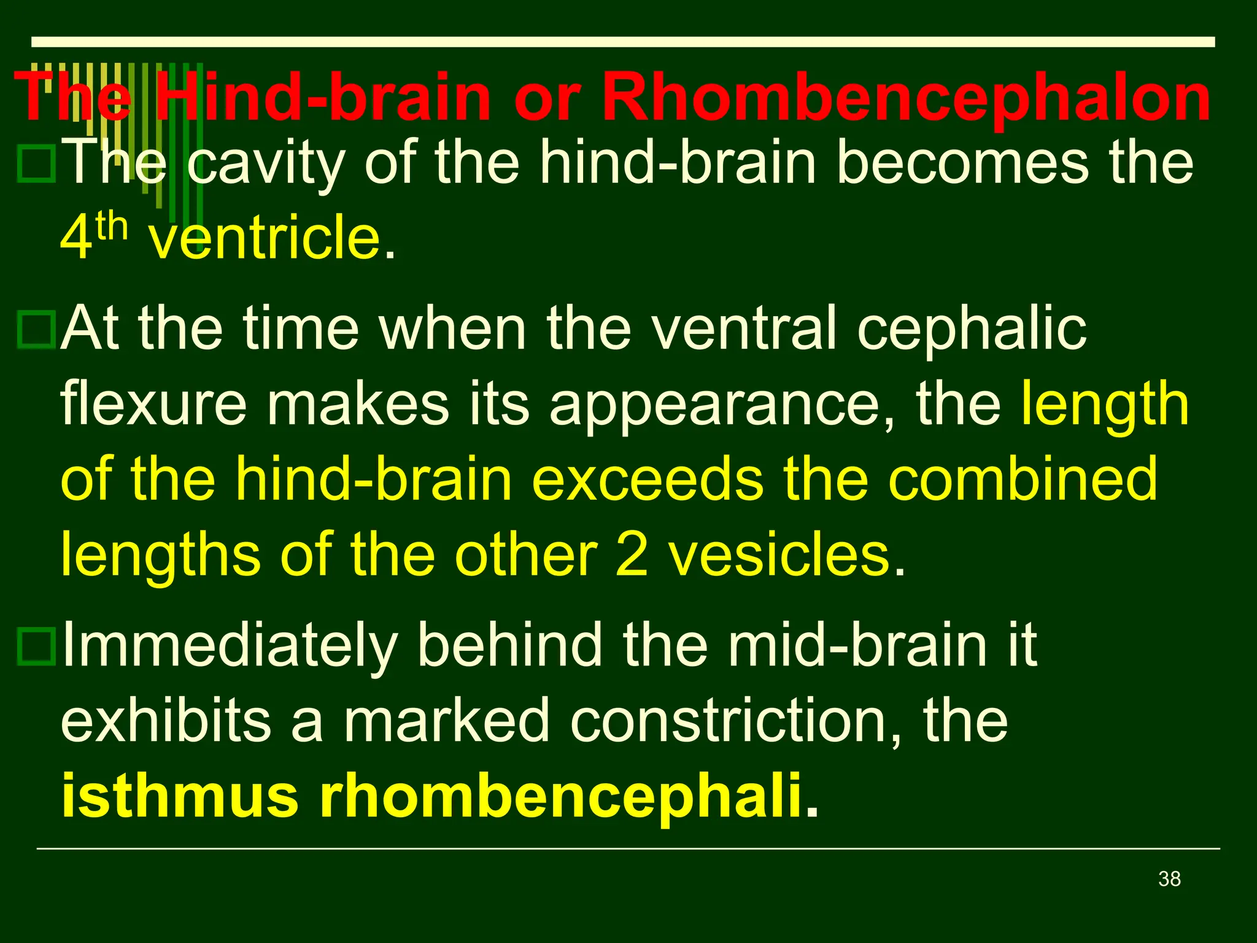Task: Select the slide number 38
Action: click(x=1169, y=879)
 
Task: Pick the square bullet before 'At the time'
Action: click(x=37, y=330)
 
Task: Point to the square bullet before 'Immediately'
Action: click(x=37, y=646)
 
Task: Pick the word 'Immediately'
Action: click(x=230, y=646)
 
